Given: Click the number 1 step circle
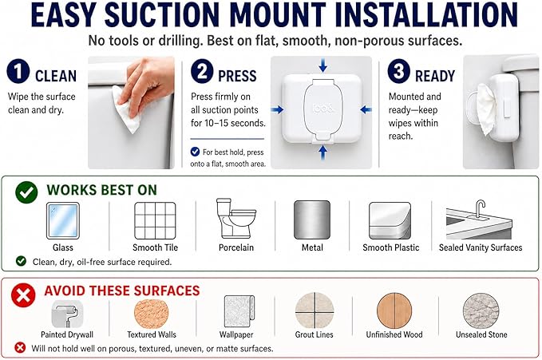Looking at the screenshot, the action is pyautogui.click(x=18, y=71).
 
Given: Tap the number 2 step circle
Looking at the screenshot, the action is pyautogui.click(x=202, y=71).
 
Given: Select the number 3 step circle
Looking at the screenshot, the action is pyautogui.click(x=398, y=71).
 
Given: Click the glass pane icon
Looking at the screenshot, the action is pyautogui.click(x=63, y=221).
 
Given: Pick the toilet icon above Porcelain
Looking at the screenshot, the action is pyautogui.click(x=235, y=218).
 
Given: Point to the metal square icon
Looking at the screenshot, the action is pyautogui.click(x=312, y=220).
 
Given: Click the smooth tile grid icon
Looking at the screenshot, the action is pyautogui.click(x=155, y=220).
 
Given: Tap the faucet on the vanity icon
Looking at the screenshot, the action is pyautogui.click(x=480, y=208).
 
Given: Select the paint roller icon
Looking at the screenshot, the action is pyautogui.click(x=67, y=314).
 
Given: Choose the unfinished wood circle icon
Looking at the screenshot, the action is pyautogui.click(x=394, y=311).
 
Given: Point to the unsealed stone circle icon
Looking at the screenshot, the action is pyautogui.click(x=481, y=311).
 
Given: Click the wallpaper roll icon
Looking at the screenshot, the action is pyautogui.click(x=239, y=311).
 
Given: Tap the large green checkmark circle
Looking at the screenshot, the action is pyautogui.click(x=26, y=192).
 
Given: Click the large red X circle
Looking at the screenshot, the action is pyautogui.click(x=23, y=295).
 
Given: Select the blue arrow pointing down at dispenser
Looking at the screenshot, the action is pyautogui.click(x=322, y=65).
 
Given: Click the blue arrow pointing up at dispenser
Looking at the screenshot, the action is pyautogui.click(x=322, y=152).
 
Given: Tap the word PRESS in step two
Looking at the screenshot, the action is pyautogui.click(x=237, y=76).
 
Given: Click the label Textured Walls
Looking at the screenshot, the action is pyautogui.click(x=152, y=334).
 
